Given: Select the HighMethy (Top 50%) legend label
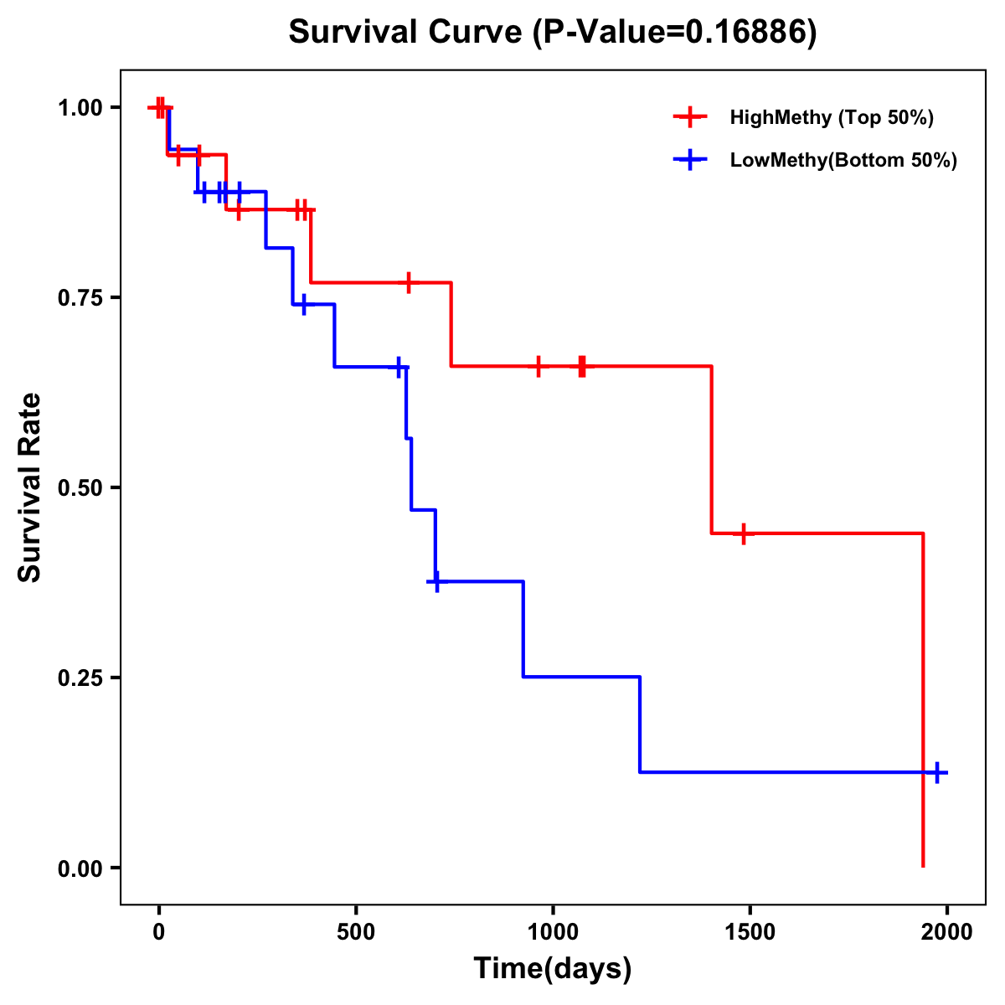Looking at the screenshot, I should [831, 117].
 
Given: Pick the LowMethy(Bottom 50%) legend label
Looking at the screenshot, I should [843, 160].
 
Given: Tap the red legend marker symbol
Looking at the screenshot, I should [690, 117].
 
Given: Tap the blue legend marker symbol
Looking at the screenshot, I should [690, 160].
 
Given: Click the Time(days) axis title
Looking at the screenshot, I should [553, 969].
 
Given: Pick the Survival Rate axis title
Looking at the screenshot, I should [30, 487].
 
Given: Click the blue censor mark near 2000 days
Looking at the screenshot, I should [938, 773].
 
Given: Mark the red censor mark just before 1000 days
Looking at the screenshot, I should [539, 367].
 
